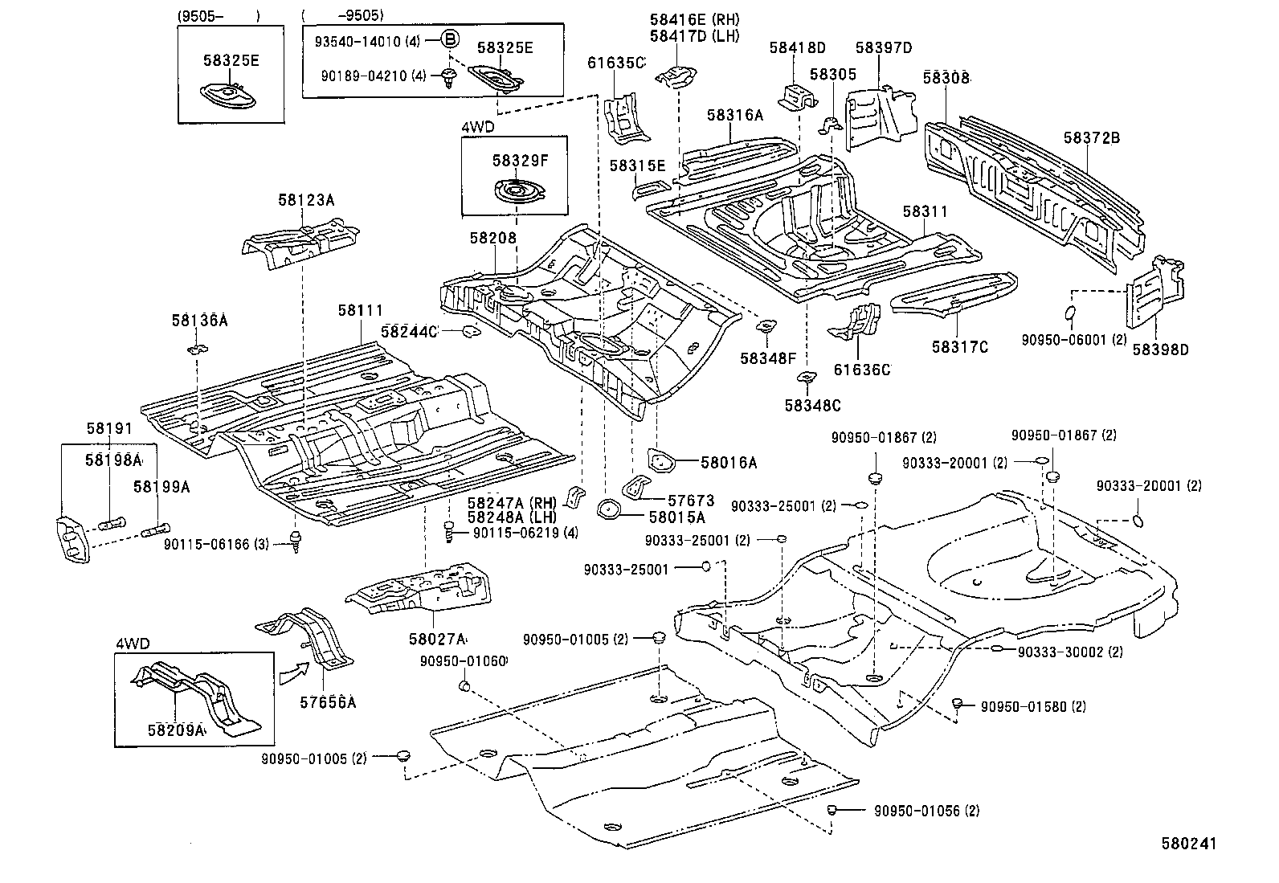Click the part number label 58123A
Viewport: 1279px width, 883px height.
306,201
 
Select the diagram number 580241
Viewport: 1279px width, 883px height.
1188,844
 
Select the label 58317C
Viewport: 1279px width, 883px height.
959,346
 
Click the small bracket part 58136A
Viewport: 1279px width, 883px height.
198,348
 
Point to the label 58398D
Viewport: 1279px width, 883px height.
1160,349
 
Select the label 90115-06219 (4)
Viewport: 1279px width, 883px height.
525,532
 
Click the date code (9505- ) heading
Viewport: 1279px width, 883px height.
219,15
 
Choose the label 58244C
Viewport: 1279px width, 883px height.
409,331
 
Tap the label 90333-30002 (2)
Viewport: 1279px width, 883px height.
1070,652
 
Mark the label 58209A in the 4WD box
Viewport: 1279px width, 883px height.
177,730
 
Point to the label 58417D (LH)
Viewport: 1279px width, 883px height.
695,35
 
